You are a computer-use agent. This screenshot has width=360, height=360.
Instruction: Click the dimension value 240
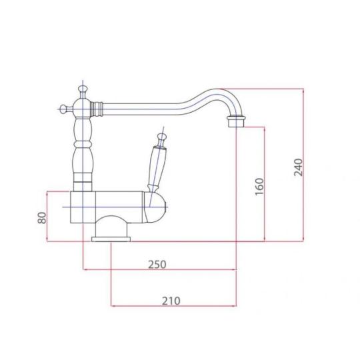[299, 167]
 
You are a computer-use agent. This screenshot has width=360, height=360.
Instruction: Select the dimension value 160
[260, 187]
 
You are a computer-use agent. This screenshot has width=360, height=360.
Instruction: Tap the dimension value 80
[42, 218]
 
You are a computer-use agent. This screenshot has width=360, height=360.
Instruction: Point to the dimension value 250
[157, 265]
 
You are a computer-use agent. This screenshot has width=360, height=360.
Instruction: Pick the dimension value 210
[171, 301]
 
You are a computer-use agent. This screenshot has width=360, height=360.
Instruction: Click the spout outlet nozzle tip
[236, 122]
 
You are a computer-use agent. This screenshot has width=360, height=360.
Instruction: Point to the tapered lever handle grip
[156, 167]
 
